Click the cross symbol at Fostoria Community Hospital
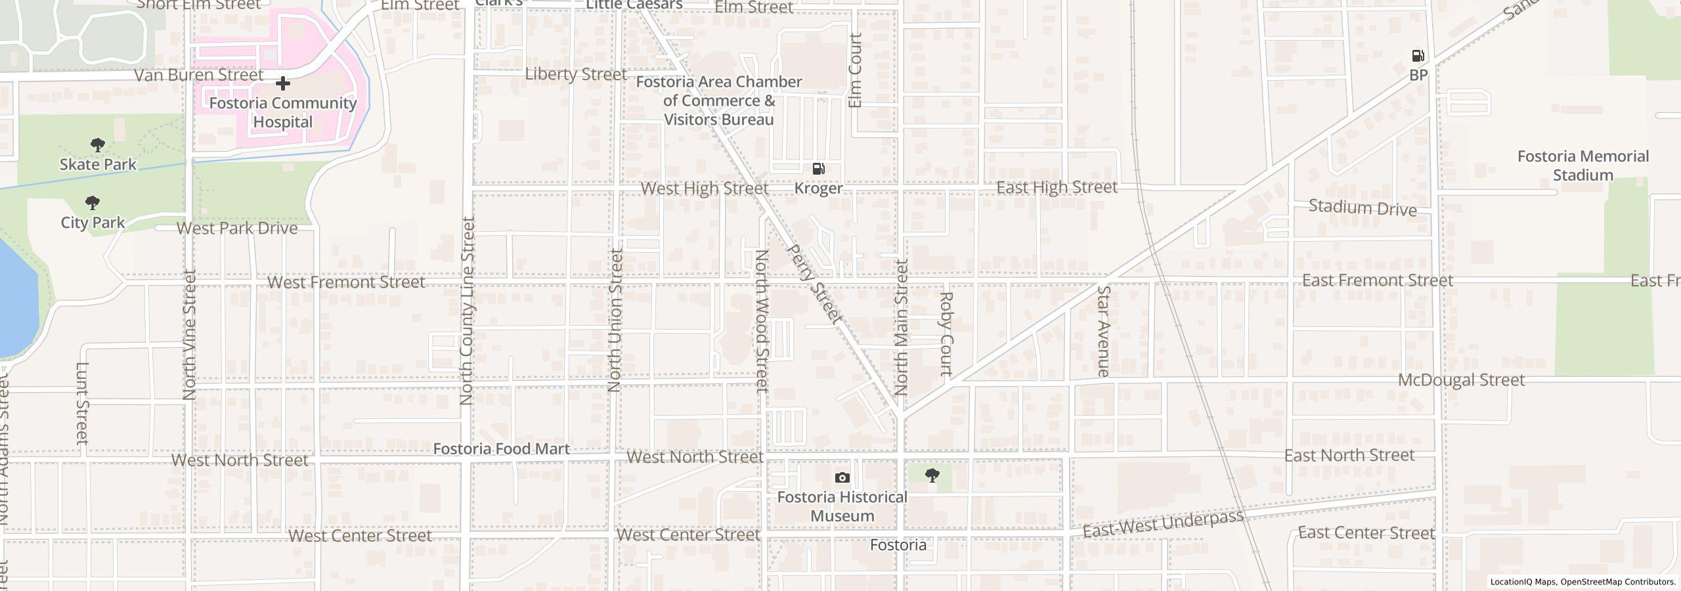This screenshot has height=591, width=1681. click(283, 83)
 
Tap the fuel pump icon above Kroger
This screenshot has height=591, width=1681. click(818, 169)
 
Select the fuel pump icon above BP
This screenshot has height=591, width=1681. click(1418, 56)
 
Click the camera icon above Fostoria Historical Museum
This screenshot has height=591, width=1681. click(842, 477)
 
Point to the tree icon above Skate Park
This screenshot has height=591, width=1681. click(98, 144)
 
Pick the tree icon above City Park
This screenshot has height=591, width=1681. click(93, 202)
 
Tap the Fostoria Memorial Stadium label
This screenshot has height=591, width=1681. click(1583, 165)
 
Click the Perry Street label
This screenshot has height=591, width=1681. click(814, 284)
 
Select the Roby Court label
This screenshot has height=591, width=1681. click(946, 334)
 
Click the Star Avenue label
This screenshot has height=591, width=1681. click(1103, 331)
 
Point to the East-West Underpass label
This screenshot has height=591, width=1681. click(1162, 523)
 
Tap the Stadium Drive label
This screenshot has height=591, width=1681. click(1363, 208)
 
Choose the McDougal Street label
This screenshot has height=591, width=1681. click(1461, 380)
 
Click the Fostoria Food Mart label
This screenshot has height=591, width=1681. click(501, 449)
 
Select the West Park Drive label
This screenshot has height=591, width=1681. click(237, 229)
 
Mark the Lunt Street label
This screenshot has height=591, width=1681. click(82, 403)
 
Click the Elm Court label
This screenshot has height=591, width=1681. click(854, 71)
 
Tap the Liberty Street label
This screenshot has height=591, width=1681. click(576, 74)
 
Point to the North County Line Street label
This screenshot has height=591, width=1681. click(467, 311)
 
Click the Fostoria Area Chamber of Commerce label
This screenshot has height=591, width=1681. click(719, 100)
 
